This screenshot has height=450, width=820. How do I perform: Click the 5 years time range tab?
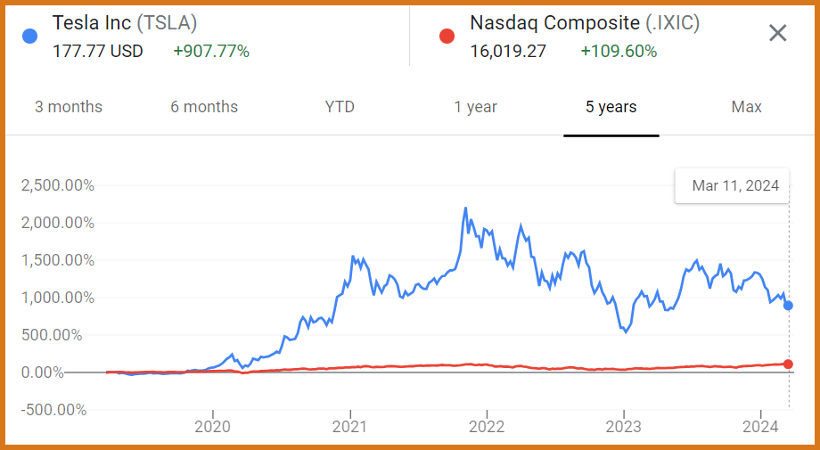coord(611,107)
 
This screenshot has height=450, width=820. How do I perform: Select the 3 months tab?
coord(69,107)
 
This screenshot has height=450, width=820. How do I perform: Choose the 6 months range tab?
coord(204,107)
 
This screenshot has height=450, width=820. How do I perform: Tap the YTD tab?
coord(340,107)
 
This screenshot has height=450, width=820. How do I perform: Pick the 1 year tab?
coord(475,107)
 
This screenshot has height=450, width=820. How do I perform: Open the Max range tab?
coord(746,107)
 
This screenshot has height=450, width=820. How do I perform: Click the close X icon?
coord(777,34)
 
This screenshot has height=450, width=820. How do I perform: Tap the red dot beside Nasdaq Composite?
coord(447,37)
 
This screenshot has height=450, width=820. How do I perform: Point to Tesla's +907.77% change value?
coord(211,51)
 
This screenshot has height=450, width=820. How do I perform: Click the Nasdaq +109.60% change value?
coord(619,51)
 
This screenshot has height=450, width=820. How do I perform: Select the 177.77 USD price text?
coord(98,51)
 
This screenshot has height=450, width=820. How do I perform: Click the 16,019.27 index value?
coord(508,51)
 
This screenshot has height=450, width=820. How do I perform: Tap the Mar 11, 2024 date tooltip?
coord(735,186)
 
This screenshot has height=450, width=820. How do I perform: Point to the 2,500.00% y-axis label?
coord(59,186)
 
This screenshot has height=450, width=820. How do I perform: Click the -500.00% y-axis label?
coord(54,410)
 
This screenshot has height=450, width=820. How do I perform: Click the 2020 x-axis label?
coord(212,426)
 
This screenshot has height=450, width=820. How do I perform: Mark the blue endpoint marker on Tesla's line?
coord(788,306)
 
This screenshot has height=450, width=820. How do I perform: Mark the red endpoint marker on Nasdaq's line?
coord(788,364)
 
